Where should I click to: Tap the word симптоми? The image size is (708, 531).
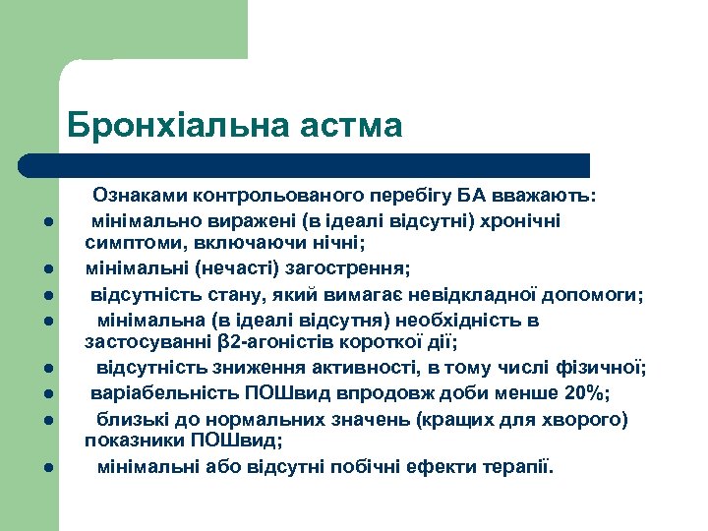coord(129,241)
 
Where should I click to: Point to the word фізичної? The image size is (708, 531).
coord(608,369)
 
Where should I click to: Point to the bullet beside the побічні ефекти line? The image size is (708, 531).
coord(47,466)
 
